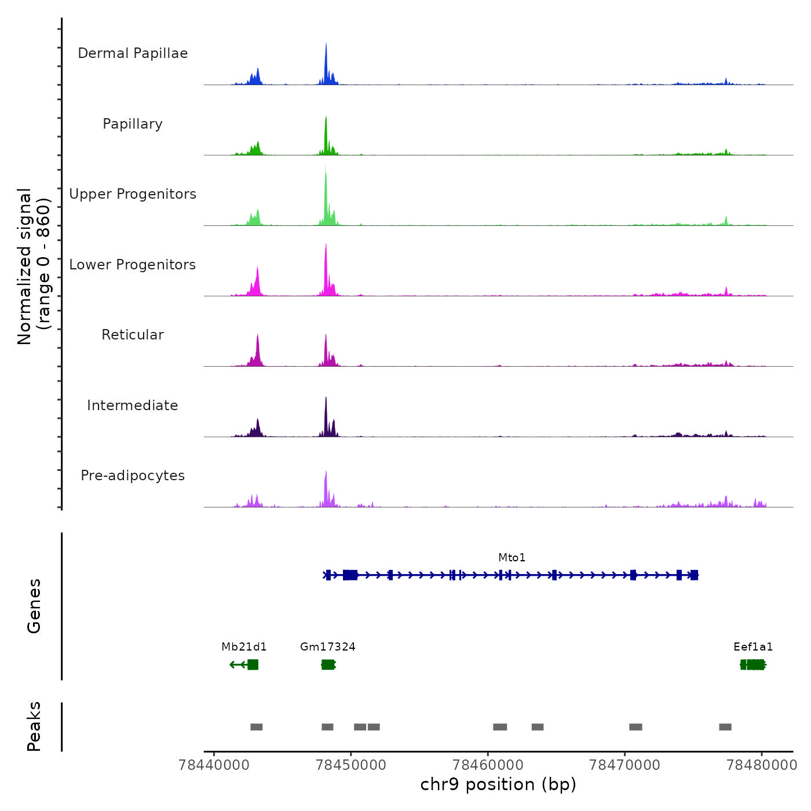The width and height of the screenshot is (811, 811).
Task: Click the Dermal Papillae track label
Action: (133, 53)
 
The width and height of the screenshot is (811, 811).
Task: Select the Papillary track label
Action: (133, 124)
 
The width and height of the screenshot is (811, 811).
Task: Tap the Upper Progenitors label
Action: (133, 194)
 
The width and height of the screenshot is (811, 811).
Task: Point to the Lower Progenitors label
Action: (133, 265)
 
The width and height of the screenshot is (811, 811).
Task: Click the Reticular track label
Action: (133, 335)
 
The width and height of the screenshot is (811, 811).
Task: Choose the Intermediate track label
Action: (133, 405)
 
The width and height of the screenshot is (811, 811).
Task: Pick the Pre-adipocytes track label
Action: (133, 476)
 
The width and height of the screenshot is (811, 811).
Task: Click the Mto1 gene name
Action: (512, 557)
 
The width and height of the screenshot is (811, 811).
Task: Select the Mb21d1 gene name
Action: (244, 646)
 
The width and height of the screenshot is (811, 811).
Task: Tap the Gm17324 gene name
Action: (327, 646)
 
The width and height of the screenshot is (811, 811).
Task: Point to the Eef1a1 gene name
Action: (752, 646)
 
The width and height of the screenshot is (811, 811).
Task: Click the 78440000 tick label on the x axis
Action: (214, 765)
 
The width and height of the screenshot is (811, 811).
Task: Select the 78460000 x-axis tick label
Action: (488, 765)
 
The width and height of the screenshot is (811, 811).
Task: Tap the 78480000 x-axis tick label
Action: (761, 765)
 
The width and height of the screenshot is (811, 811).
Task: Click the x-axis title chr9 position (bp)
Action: (498, 784)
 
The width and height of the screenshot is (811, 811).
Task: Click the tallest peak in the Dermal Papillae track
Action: (326, 46)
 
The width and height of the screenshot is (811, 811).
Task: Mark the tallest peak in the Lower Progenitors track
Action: (326, 248)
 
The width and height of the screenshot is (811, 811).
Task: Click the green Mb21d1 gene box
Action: (253, 664)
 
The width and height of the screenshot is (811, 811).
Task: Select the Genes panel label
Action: (34, 606)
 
